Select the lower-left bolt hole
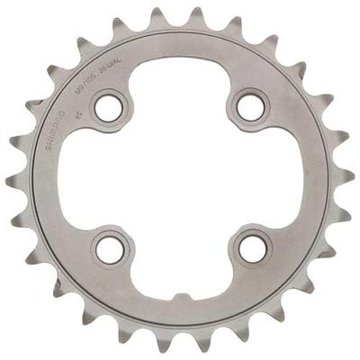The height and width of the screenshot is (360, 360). click(x=108, y=249)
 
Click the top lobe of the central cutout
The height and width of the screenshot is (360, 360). click(x=179, y=81)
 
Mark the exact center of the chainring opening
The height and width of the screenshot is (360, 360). click(x=179, y=180)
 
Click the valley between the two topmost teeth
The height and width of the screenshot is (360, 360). click(x=179, y=25)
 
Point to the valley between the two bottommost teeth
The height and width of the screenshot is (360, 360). click(x=179, y=335)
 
